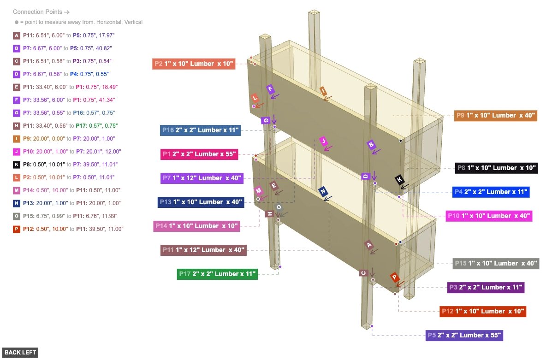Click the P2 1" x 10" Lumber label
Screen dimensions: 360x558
[x=194, y=64]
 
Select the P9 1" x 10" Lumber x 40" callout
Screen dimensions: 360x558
[x=496, y=115]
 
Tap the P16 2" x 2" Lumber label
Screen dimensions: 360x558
[x=201, y=130]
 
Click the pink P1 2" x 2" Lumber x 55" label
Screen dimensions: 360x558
[x=199, y=154]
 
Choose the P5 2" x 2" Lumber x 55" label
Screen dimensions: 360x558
[x=464, y=335]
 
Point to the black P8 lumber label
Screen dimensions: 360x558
[x=496, y=168]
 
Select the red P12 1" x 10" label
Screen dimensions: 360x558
[x=483, y=311]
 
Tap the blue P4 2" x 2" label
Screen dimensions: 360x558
[x=491, y=192]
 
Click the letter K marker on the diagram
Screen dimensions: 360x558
[x=399, y=180]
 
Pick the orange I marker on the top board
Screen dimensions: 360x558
[x=323, y=90]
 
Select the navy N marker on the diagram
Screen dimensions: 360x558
[x=323, y=191]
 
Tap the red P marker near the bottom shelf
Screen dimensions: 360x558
[x=394, y=277]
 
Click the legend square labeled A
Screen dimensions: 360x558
[x=17, y=35]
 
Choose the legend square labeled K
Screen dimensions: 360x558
[x=17, y=164]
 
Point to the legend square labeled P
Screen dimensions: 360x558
[x=17, y=229]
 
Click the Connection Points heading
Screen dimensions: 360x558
[x=41, y=12]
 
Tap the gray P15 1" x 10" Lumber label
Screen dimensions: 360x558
[x=495, y=263]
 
